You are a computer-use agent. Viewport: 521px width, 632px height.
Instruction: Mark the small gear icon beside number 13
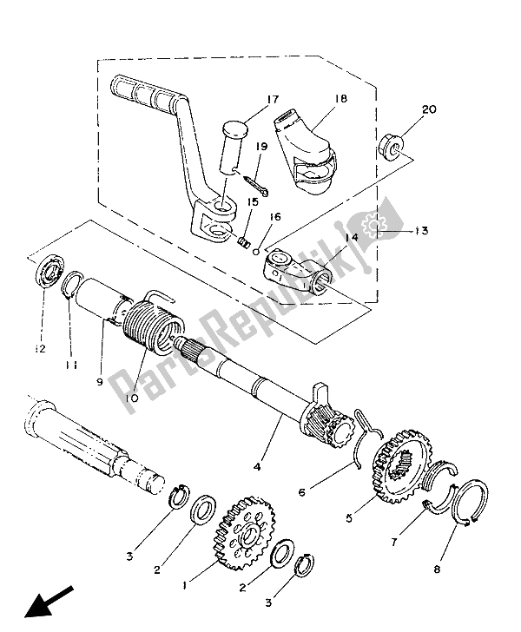point(378,227)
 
